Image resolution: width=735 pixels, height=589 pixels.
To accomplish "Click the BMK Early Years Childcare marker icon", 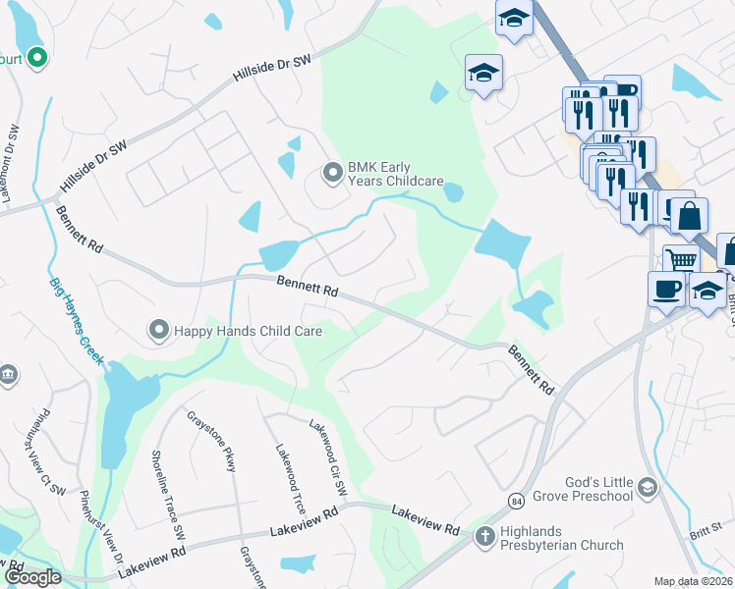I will click(x=333, y=174).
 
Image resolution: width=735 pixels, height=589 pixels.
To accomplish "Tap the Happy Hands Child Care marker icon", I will click(x=157, y=331).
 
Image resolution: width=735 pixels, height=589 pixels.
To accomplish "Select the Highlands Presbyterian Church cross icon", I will click(x=483, y=536).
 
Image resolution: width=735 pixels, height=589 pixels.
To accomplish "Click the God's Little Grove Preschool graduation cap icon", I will click(x=647, y=487).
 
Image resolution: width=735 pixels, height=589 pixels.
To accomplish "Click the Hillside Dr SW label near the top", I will click(x=271, y=68).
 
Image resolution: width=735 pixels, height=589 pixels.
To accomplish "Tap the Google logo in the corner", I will click(x=33, y=577).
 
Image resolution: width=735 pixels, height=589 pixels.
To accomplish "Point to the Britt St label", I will click(x=704, y=530).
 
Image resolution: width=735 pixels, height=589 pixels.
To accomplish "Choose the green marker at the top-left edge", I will click(x=38, y=59).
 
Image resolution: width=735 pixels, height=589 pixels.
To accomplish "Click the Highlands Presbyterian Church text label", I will click(x=561, y=538).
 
